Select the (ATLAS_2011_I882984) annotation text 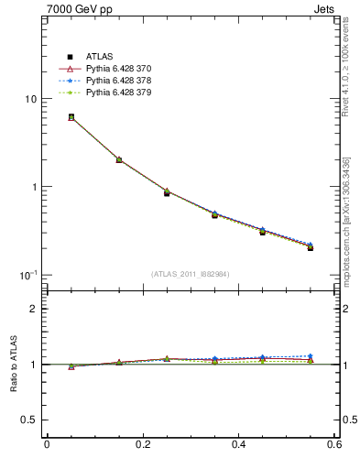190,274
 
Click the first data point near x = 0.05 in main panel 71,117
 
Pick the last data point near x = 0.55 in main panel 311,247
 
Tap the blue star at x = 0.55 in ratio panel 311,355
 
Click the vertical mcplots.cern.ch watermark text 347,229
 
